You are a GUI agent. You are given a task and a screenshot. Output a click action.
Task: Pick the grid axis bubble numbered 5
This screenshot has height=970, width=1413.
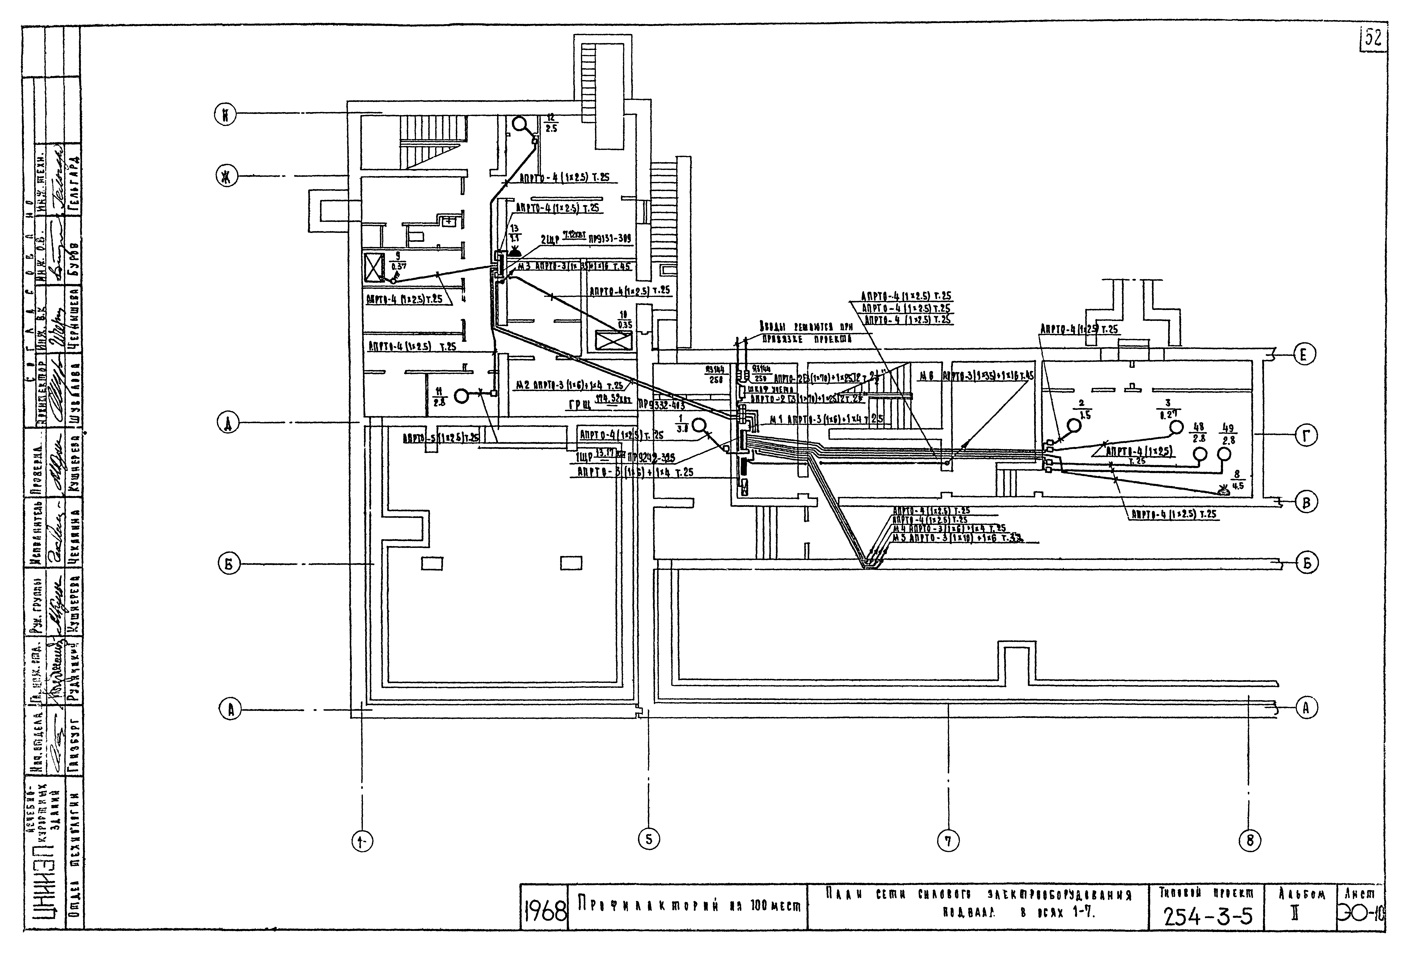(649, 839)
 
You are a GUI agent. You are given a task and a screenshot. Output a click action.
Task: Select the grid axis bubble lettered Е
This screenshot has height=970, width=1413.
(1303, 354)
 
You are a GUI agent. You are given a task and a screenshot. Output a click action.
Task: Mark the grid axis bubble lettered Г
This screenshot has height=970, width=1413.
(1305, 435)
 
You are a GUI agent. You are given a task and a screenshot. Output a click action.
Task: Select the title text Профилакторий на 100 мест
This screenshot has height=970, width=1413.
(687, 906)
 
